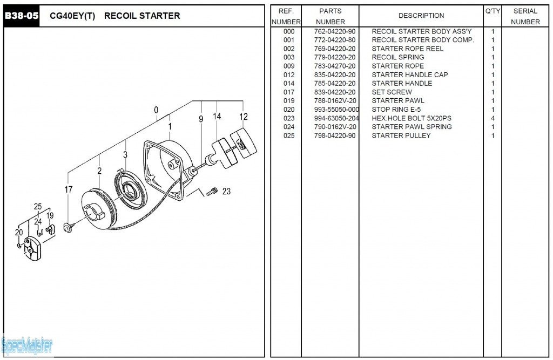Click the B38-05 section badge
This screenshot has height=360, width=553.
click(x=22, y=16)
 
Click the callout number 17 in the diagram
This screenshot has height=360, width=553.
click(x=69, y=189)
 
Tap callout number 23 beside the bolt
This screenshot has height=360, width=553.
click(x=226, y=191)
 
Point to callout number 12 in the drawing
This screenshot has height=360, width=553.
click(x=244, y=117)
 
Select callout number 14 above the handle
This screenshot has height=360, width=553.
click(x=217, y=117)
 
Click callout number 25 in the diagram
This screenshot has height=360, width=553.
click(x=38, y=207)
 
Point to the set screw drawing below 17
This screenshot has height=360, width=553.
click(x=69, y=227)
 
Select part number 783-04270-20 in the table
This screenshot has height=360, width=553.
click(x=334, y=66)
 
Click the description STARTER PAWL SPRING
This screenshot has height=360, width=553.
click(x=412, y=127)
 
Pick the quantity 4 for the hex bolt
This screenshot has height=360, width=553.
click(x=493, y=118)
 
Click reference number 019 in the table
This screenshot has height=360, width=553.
click(x=289, y=101)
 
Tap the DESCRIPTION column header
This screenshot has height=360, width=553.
click(x=421, y=16)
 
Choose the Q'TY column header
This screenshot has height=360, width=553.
click(x=493, y=11)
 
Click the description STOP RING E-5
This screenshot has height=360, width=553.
click(x=396, y=110)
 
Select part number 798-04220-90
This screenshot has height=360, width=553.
click(x=334, y=135)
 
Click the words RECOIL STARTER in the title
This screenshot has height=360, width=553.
click(x=142, y=16)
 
